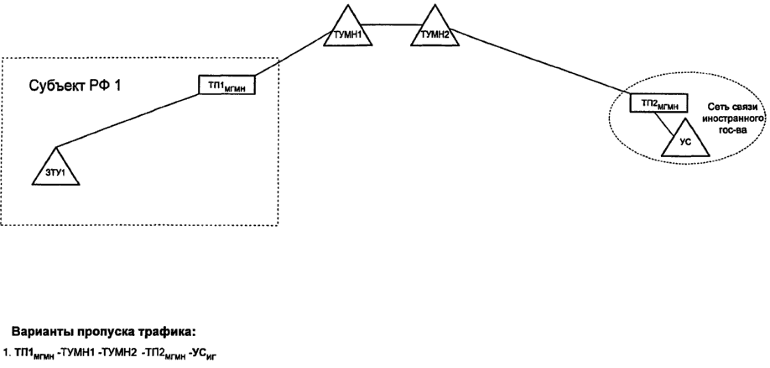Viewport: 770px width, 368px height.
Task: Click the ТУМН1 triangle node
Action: click(348, 30)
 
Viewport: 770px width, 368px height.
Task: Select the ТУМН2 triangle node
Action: click(435, 30)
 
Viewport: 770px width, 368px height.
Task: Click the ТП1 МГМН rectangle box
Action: click(226, 84)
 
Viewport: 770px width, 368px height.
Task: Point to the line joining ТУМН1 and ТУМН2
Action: click(392, 24)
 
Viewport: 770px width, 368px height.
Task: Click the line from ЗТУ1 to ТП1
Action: click(127, 120)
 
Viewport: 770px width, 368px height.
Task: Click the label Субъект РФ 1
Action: click(75, 86)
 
